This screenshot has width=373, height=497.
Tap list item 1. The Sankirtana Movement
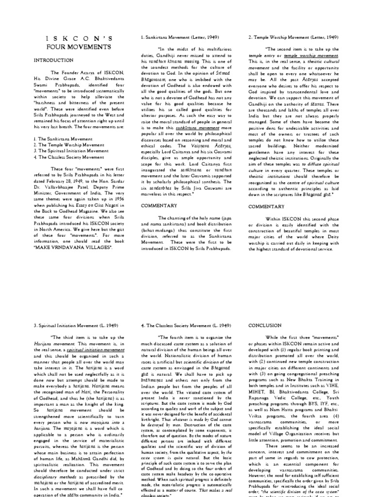[x=63, y=138]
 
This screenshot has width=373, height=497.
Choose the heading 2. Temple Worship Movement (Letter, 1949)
[x=293, y=37]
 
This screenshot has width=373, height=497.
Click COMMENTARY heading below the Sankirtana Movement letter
[x=159, y=206]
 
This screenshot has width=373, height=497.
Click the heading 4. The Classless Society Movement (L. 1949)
[x=186, y=325]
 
